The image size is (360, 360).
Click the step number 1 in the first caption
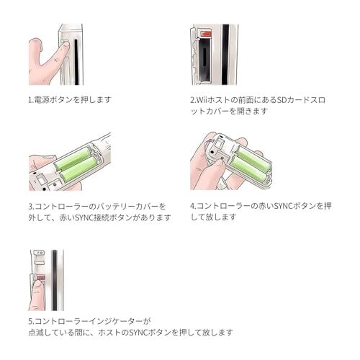[30, 100]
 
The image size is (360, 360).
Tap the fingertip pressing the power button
[66, 45]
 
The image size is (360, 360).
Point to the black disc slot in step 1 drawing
[76, 62]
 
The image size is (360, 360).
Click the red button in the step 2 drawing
[206, 34]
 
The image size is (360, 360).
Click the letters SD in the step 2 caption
[281, 100]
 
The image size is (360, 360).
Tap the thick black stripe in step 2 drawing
[225, 54]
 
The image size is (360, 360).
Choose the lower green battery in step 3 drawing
[78, 168]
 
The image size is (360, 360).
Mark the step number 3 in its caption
[30, 207]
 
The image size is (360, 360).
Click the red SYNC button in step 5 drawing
[41, 278]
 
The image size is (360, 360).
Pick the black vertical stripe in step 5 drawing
[55, 280]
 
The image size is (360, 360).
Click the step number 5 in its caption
[30, 321]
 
